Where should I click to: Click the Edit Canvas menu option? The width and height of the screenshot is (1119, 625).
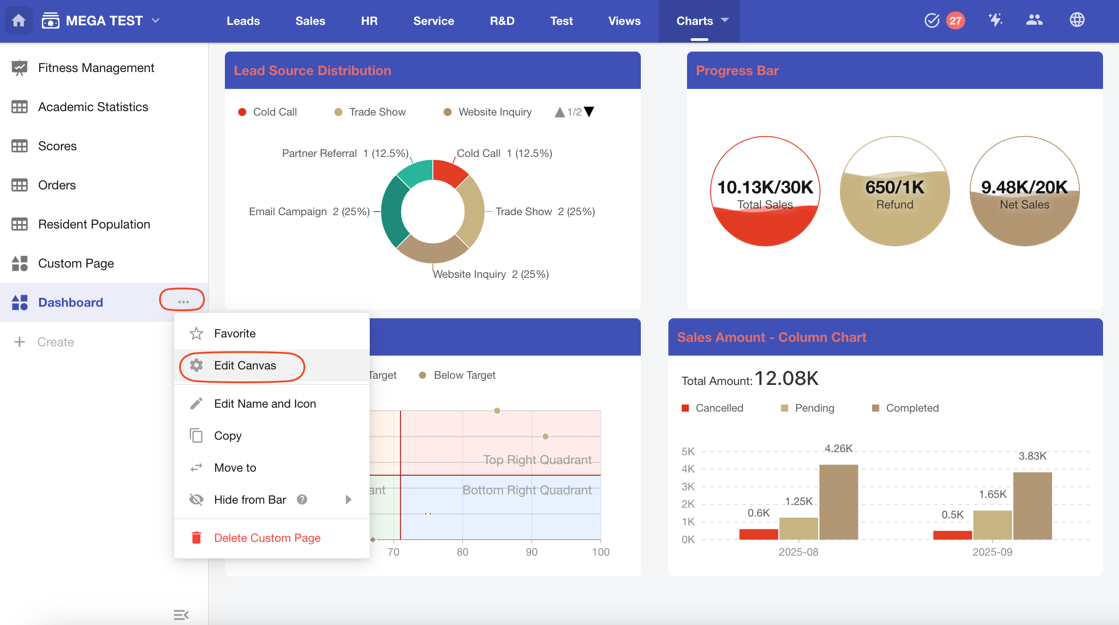click(x=244, y=366)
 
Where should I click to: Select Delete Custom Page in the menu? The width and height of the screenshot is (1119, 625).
click(x=267, y=538)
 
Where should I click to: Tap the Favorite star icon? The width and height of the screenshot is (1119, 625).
click(x=196, y=333)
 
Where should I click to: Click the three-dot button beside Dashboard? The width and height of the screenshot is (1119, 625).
click(x=183, y=302)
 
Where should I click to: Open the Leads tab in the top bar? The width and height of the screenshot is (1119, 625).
click(x=243, y=21)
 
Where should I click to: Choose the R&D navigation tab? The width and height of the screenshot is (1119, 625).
click(x=502, y=21)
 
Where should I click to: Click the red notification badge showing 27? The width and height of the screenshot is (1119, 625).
click(x=955, y=20)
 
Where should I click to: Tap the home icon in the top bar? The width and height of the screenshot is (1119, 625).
click(x=19, y=20)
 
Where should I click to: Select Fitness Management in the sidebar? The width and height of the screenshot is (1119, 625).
click(x=96, y=68)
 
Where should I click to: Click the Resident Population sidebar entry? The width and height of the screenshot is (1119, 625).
click(x=94, y=224)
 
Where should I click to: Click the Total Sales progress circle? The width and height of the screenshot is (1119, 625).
click(x=765, y=191)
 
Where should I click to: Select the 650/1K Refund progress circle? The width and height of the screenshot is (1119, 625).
click(x=895, y=191)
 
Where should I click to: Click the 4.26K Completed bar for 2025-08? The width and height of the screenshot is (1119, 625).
click(x=838, y=502)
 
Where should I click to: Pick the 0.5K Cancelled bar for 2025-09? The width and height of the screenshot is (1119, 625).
click(x=952, y=535)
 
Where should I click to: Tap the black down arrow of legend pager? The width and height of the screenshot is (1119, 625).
click(x=589, y=112)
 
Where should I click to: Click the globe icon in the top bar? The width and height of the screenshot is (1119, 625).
click(x=1077, y=20)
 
